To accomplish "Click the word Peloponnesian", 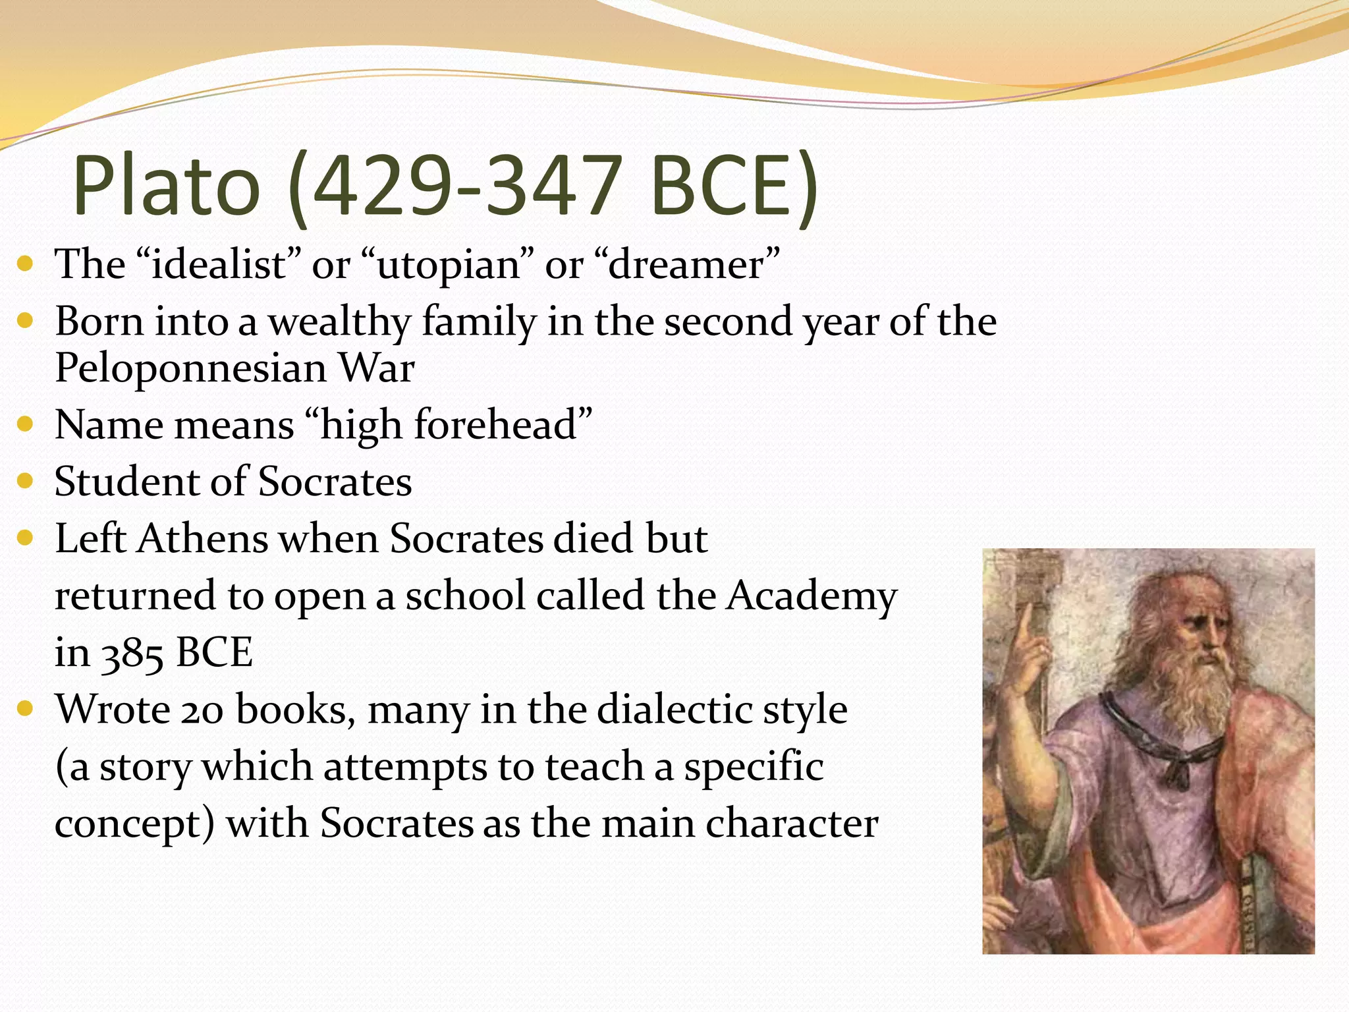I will click(191, 368).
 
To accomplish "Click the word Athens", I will click(204, 539).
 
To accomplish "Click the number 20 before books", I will click(203, 711).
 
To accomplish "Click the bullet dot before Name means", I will click(26, 424).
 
